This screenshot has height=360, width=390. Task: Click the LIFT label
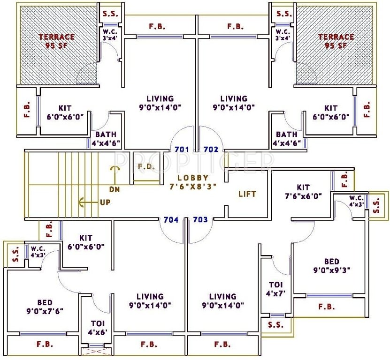[247, 194]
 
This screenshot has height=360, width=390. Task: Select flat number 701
[181, 150]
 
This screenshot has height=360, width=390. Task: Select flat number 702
[211, 150]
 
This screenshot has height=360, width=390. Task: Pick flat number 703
[200, 219]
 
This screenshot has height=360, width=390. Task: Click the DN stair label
[114, 190]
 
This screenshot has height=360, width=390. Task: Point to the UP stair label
[105, 203]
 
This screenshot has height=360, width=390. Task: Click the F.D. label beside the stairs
[144, 166]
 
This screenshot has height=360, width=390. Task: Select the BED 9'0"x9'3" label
[331, 265]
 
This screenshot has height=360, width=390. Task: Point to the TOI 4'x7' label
[275, 289]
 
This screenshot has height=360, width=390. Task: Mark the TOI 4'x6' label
[98, 327]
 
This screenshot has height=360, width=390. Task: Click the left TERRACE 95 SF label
[56, 41]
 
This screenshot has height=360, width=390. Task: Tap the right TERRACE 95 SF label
[336, 41]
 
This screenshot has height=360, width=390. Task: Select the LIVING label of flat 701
[160, 103]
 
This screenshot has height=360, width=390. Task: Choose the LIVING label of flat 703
[222, 300]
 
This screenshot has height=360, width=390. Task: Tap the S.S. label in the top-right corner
[284, 14]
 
